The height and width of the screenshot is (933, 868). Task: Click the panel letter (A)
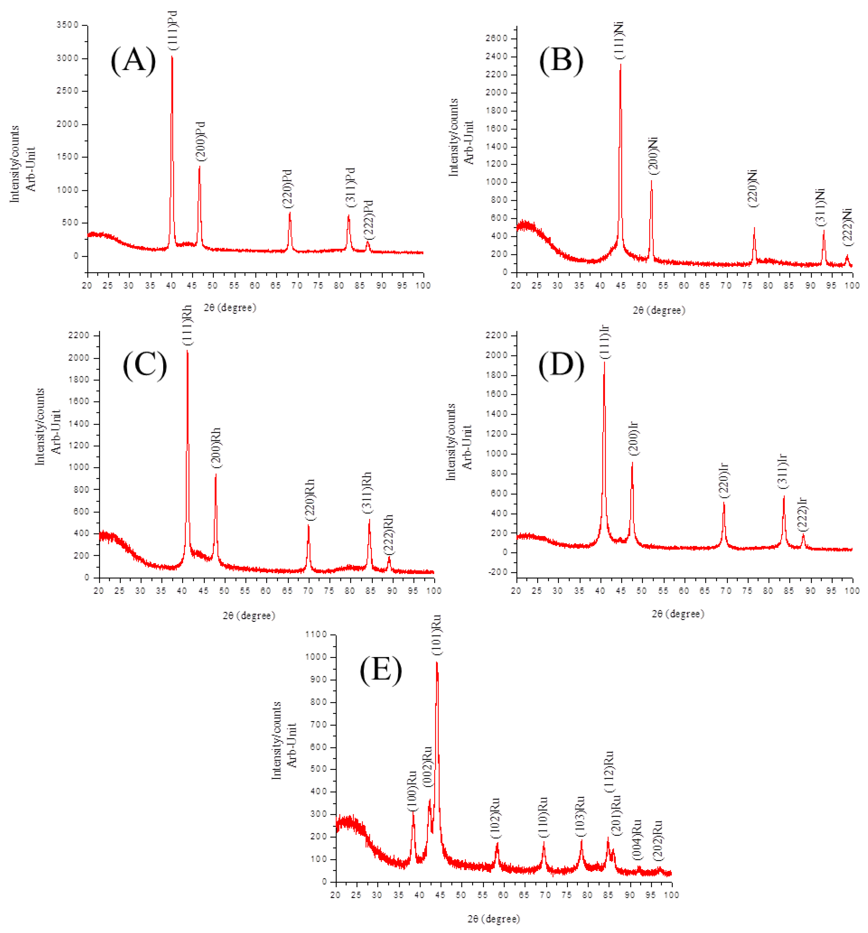click(x=133, y=60)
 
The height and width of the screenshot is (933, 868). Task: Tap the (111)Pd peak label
click(x=173, y=30)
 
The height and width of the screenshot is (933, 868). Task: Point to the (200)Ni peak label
click(x=653, y=156)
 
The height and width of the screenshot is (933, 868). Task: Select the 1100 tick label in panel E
click(x=316, y=634)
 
